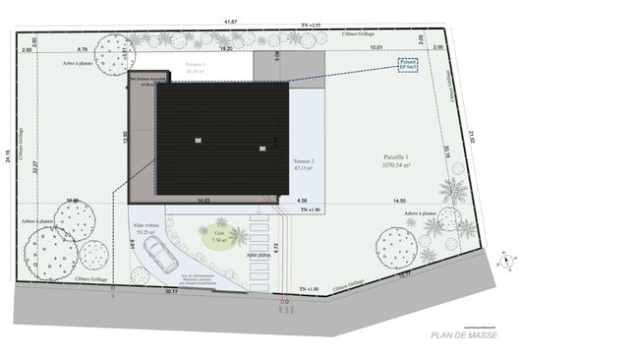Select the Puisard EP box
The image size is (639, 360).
408,64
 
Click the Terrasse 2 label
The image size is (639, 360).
303,163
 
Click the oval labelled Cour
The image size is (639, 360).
219,237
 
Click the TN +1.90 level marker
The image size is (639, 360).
308,210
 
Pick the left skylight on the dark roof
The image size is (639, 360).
198,138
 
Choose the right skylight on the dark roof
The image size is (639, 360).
262,149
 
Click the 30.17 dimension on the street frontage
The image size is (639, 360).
172,291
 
